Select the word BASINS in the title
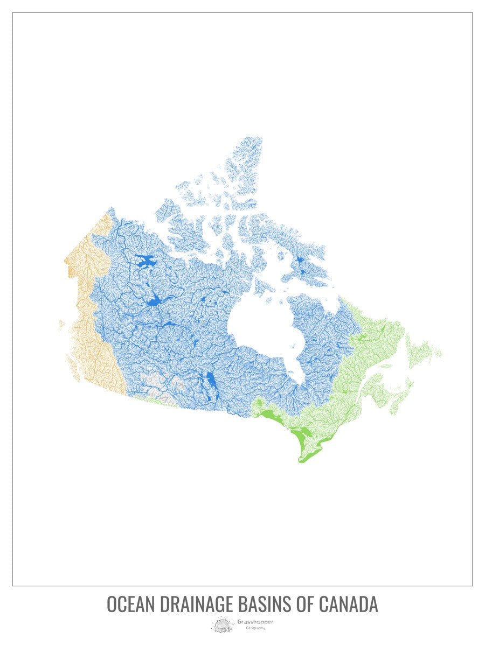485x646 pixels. tap(266, 604)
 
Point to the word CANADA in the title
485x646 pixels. tap(349, 604)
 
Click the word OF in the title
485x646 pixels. tap(307, 604)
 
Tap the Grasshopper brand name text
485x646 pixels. tap(255, 622)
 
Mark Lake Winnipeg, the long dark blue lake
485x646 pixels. tap(211, 382)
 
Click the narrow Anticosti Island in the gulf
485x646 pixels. tap(386, 366)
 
